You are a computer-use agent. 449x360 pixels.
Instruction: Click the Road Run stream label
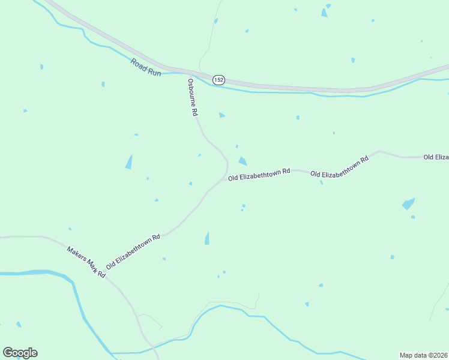pos(146,67)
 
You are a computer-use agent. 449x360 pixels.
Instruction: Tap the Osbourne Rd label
pos(192,97)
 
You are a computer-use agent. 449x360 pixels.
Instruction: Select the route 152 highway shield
pos(218,80)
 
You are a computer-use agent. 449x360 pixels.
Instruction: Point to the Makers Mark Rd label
pos(86,262)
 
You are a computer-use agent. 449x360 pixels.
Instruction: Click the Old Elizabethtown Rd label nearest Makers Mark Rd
pos(133,251)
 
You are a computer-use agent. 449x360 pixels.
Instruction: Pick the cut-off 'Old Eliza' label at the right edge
pos(436,157)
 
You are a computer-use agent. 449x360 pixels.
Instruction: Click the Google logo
pos(20,353)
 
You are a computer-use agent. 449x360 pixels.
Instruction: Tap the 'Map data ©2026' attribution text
pos(423,355)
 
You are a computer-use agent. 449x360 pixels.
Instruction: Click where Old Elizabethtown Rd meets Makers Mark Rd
pos(106,277)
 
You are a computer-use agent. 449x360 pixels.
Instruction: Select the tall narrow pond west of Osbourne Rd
pos(128,162)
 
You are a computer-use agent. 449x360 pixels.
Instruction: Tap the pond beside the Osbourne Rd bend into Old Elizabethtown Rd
pos(242,161)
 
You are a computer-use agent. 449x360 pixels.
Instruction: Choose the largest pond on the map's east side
pos(408,203)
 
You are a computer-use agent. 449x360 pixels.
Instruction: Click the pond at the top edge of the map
pos(324,12)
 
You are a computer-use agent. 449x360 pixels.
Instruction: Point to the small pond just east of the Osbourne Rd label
pos(221,115)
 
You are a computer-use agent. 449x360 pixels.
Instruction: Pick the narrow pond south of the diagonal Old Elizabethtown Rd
pos(207,238)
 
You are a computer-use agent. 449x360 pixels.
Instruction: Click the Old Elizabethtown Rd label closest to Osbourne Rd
pos(259,175)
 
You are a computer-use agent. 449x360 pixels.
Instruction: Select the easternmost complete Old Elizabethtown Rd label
pos(339,168)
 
